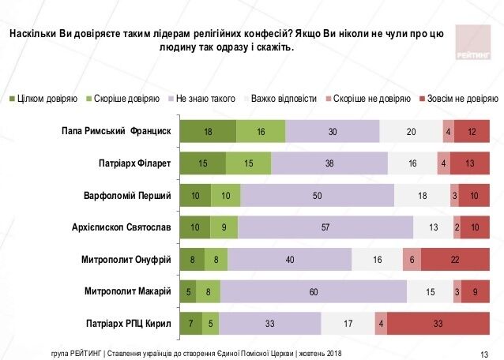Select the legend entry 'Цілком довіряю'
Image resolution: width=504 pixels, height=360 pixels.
47,99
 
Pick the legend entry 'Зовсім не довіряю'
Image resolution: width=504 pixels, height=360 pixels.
462,99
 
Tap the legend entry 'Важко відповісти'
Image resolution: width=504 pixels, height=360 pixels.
285,99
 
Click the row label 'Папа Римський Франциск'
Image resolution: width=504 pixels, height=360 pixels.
117,131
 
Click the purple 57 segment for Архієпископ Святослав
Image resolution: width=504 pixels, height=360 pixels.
325,227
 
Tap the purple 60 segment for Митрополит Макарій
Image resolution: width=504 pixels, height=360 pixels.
314,291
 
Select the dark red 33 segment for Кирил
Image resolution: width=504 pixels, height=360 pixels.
438,323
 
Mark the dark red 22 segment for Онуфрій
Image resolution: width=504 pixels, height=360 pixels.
455,259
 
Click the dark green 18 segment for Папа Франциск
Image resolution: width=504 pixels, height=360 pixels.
207,131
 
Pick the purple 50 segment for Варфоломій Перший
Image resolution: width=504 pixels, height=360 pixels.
317,195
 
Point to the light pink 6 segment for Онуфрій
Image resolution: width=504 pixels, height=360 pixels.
412,259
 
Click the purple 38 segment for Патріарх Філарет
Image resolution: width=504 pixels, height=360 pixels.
329,163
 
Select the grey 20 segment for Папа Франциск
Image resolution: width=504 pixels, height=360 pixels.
411,131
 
